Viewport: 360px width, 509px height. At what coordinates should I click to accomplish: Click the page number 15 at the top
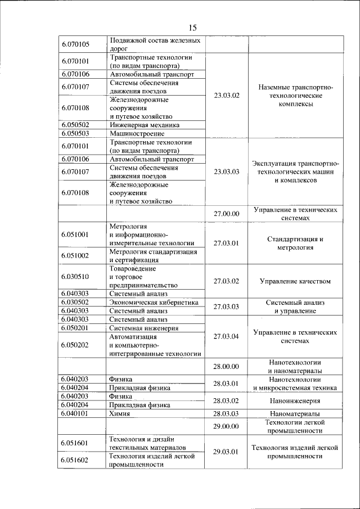point(192,28)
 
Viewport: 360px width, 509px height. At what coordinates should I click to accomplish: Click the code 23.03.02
point(227,96)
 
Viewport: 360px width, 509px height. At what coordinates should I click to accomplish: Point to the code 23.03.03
point(227,172)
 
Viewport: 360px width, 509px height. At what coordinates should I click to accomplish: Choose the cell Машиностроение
point(137,134)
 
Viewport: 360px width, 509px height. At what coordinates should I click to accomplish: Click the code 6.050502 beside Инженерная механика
point(75,125)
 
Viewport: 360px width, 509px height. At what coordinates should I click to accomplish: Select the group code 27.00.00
point(227,214)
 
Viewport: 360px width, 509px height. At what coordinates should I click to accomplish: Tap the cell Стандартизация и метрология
point(295,243)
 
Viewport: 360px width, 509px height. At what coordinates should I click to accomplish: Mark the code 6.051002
point(75,256)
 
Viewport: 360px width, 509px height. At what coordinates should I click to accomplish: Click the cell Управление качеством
point(295,281)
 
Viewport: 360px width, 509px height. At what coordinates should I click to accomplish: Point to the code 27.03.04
point(227,336)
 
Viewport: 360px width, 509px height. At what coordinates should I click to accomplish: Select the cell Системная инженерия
point(144,328)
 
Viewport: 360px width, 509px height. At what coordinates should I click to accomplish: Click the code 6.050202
point(75,345)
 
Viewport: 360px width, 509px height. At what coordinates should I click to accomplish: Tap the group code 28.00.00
point(227,367)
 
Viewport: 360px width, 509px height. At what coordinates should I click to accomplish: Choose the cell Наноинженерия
point(295,401)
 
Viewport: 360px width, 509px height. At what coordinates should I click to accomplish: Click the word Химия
point(120,413)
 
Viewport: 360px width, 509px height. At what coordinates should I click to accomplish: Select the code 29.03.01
point(227,452)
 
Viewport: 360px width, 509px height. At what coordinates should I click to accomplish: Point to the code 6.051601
point(75,443)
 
